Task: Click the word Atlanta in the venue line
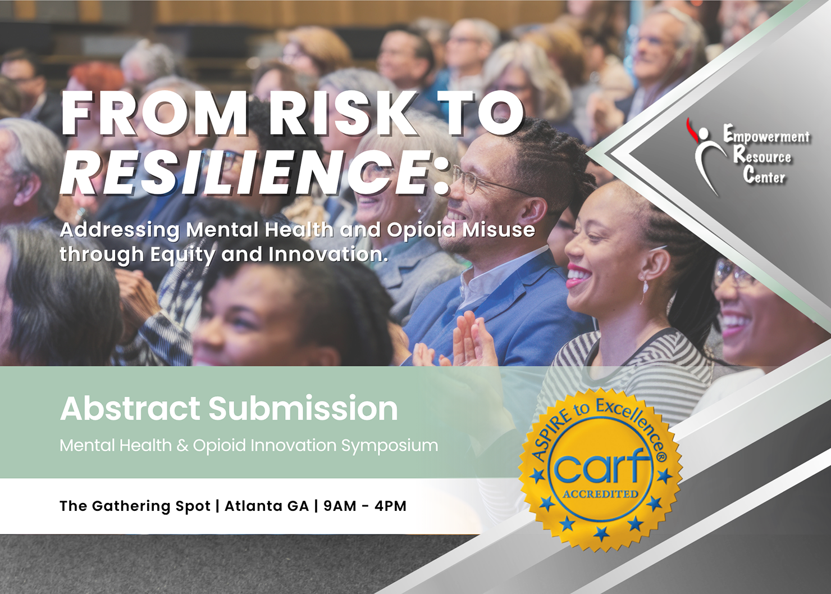(266, 506)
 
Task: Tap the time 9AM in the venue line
(340, 506)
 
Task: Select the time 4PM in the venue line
(391, 506)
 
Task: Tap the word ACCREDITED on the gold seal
(601, 494)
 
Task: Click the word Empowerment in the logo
(766, 137)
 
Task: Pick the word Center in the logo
(764, 175)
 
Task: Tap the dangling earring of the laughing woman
(645, 292)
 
